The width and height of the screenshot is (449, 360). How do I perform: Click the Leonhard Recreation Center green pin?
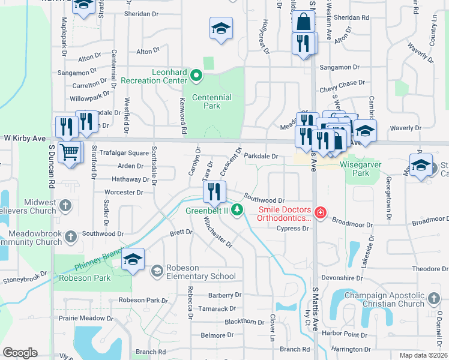point(196,76)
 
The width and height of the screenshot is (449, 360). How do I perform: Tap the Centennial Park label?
point(211,101)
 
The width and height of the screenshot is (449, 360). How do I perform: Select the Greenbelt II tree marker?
point(238,209)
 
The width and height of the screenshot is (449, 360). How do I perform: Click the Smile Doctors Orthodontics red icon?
point(321,212)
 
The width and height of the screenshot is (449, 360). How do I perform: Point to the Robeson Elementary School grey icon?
point(157,271)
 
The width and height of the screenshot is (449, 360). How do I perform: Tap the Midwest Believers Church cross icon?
point(65,206)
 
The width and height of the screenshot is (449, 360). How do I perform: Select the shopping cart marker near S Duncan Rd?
point(70,152)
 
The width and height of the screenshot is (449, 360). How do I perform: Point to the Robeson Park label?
point(85,278)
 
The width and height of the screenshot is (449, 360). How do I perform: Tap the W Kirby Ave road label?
point(25,139)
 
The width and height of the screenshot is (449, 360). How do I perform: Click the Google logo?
point(20,353)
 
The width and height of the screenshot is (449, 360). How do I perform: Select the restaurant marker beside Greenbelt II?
point(214,192)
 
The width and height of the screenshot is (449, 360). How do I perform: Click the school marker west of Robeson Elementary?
point(133,259)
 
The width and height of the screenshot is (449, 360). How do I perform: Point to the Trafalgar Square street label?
point(124,153)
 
